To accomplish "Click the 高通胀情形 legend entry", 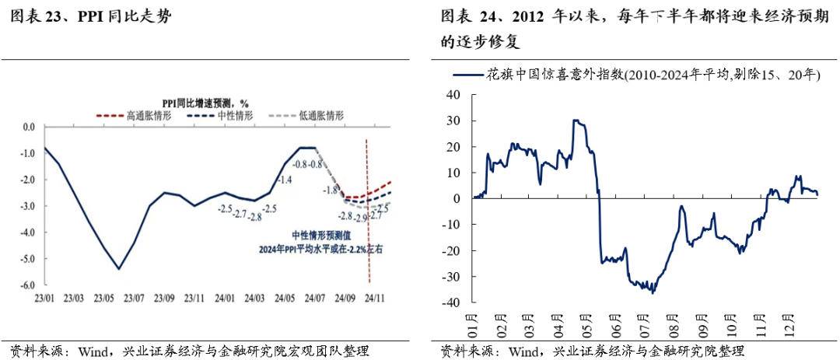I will [145, 115].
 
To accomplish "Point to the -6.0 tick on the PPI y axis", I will [28, 285].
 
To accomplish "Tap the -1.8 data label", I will [331, 190].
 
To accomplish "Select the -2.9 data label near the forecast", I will [361, 218].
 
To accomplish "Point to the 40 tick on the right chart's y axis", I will [453, 94].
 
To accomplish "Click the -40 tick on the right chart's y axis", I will [450, 302].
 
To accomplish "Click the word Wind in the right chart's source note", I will [526, 351].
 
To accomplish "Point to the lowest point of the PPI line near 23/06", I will [118, 269].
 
